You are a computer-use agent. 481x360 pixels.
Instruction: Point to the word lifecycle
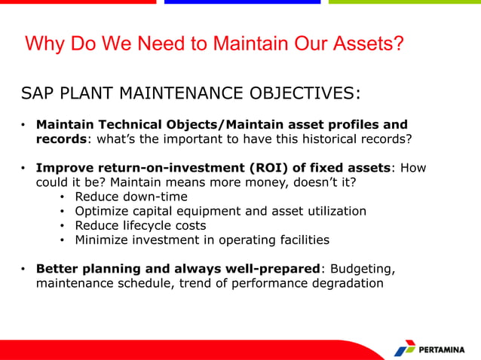click(144, 225)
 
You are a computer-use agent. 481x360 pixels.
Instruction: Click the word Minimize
click(102, 240)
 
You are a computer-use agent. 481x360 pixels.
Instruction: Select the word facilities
click(300, 240)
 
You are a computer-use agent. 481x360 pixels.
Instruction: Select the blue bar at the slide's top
click(242, 2)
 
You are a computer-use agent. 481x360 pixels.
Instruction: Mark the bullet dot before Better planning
click(24, 270)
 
